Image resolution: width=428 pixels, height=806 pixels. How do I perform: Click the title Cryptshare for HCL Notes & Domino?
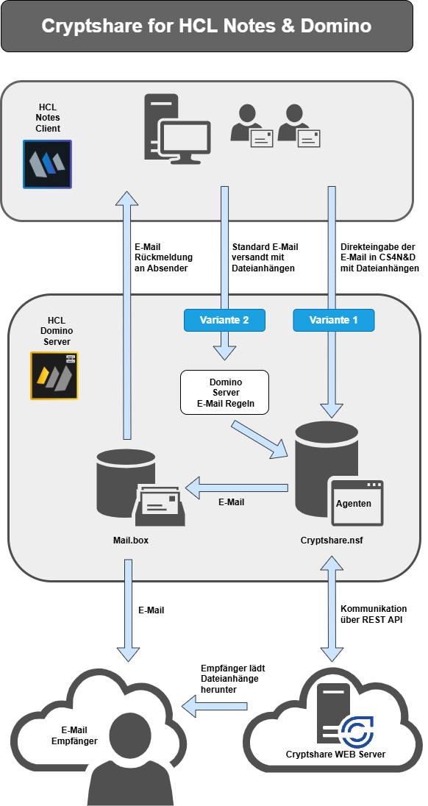coord(206,26)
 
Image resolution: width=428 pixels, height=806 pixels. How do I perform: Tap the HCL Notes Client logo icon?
coord(47,164)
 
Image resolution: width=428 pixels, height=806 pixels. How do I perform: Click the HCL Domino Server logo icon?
coord(54,376)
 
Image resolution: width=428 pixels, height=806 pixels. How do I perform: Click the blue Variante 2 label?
coord(224,320)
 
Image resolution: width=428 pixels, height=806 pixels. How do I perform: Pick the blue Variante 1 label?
coord(333,320)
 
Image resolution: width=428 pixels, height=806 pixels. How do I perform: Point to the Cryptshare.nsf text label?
coord(332,541)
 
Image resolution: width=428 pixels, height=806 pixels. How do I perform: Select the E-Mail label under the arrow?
coord(231,502)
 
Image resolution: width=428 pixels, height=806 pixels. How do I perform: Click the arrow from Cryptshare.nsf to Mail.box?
coord(237,487)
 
